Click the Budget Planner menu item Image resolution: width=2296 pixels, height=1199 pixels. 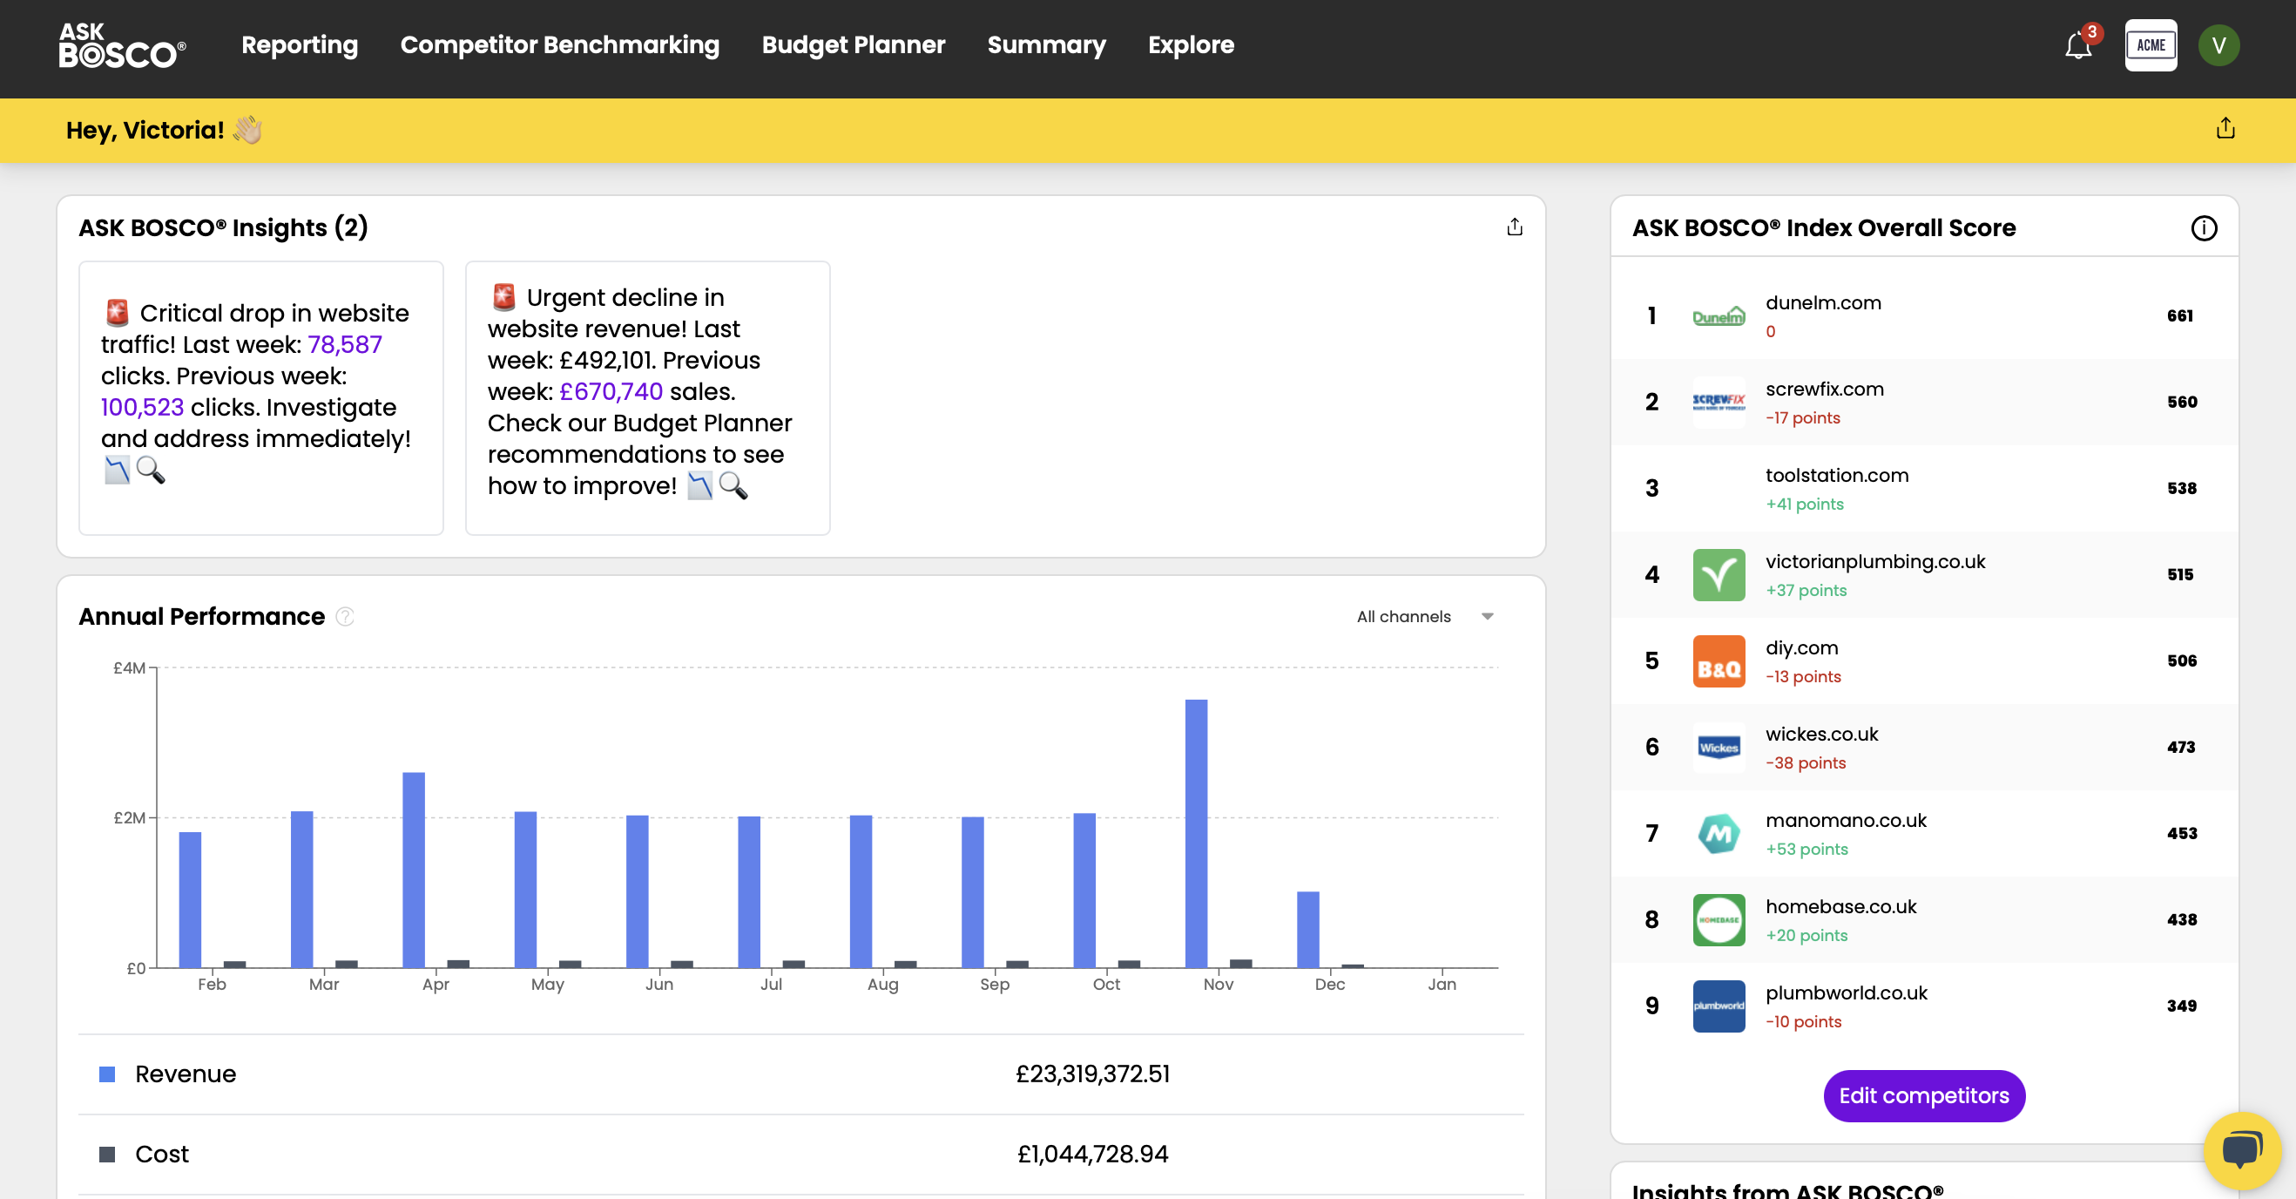(853, 44)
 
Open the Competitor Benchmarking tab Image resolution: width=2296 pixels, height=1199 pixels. (559, 44)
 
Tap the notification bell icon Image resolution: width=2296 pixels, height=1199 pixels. (2077, 45)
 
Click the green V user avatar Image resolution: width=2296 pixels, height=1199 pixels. (2218, 45)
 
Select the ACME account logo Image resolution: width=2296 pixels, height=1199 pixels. (2150, 45)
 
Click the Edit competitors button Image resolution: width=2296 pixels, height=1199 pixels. (1923, 1095)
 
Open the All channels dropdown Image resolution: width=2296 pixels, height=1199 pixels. (1423, 617)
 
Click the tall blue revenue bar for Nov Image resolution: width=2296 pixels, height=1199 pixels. (1195, 833)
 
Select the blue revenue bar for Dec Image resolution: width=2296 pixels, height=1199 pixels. (1307, 929)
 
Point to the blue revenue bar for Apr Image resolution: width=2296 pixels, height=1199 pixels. (414, 869)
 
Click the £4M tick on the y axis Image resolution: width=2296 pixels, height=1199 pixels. (129, 667)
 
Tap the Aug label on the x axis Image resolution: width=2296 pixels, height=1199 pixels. (882, 984)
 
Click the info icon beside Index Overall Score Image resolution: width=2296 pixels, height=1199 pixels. (2204, 228)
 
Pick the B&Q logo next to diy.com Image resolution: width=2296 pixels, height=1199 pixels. (1719, 661)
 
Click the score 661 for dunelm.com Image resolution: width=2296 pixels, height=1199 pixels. (2179, 315)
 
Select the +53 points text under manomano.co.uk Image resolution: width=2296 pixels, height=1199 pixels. (1806, 849)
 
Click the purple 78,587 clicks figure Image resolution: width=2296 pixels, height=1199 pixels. (345, 344)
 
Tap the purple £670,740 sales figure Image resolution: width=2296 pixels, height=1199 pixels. (611, 391)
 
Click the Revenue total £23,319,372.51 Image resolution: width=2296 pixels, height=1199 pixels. (1092, 1074)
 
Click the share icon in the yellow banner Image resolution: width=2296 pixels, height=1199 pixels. (2225, 129)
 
